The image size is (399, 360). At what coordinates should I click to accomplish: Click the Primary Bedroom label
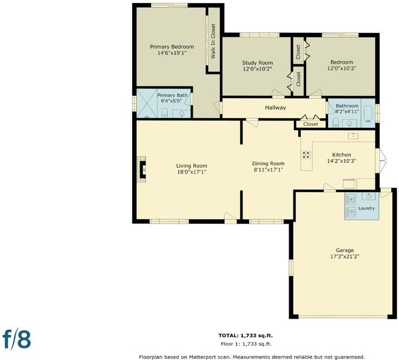[172, 47]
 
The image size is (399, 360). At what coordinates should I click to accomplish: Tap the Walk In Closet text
[213, 41]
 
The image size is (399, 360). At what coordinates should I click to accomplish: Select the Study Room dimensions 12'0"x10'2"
[257, 68]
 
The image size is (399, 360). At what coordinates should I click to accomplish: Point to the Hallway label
[275, 107]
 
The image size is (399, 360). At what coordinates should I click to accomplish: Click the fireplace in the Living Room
[142, 169]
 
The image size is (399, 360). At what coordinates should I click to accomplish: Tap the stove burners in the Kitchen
[307, 155]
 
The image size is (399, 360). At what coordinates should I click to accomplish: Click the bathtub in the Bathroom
[368, 113]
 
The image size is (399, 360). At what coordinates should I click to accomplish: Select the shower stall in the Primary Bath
[147, 103]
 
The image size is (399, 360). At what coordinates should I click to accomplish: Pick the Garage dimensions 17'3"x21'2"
[344, 256]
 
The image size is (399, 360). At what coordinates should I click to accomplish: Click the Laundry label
[367, 208]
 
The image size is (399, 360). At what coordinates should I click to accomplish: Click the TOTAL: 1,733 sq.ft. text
[245, 335]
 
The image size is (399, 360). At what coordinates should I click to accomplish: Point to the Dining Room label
[268, 164]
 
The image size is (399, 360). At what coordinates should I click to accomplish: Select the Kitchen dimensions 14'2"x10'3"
[341, 161]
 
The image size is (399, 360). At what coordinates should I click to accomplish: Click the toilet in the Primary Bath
[164, 113]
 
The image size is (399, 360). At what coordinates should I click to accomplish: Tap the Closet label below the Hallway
[311, 124]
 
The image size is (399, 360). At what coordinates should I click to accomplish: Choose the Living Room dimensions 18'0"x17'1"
[191, 172]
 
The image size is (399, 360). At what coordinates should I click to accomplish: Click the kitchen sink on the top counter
[353, 136]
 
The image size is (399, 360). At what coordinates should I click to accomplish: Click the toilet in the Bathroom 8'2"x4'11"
[335, 122]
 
